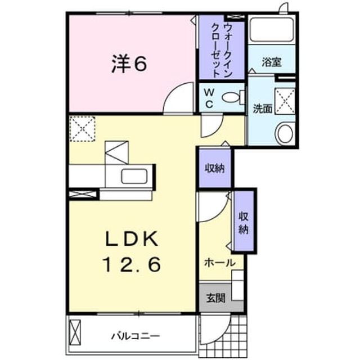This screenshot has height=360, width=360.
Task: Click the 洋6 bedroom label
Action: coord(129,64)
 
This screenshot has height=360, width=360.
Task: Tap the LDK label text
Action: coord(132,238)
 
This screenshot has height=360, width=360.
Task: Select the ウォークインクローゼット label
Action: coord(222,50)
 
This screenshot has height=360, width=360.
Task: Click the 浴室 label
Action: coord(272,62)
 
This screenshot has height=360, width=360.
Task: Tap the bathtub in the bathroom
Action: coord(272,30)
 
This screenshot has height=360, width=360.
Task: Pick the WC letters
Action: coord(209,98)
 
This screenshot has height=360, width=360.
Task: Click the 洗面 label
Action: coord(263,109)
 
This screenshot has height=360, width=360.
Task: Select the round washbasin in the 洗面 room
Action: coord(285,134)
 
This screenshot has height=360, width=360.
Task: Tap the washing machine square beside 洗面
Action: coord(285,101)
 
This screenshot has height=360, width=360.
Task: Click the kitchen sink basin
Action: coord(134,176)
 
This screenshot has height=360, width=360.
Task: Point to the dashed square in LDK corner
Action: coord(82,129)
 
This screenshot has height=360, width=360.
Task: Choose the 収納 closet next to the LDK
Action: coord(215,168)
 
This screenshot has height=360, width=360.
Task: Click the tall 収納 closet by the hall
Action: coord(244,221)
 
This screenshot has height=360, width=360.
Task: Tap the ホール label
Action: coord(220,263)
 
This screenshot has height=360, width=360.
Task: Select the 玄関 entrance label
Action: coord(215,298)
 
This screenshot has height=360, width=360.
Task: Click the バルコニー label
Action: coord(135,336)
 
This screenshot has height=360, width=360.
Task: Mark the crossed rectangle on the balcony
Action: coord(75,332)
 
